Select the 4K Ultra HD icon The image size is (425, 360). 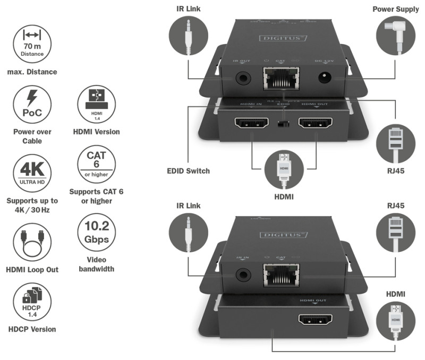tap(32, 173)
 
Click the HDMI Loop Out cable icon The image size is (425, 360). tap(32, 242)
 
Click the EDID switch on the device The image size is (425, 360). tap(283, 125)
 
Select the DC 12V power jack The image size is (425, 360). tap(324, 78)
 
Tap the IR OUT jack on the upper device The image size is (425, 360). tap(243, 78)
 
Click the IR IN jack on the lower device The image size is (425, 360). tap(243, 275)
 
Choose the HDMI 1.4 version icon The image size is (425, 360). tap(96, 105)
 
